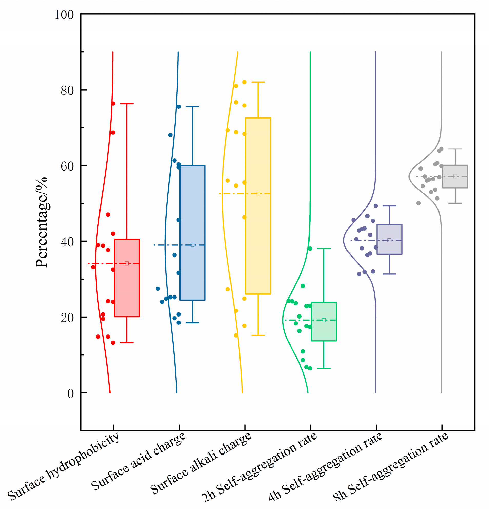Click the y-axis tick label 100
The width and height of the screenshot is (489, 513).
click(64, 15)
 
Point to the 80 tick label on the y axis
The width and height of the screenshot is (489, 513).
click(67, 91)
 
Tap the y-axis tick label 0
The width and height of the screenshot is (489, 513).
click(70, 393)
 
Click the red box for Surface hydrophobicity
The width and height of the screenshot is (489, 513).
click(127, 278)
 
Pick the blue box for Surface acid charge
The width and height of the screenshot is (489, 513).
click(192, 233)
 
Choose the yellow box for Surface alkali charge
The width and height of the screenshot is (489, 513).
click(258, 206)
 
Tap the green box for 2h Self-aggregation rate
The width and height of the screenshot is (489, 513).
click(324, 321)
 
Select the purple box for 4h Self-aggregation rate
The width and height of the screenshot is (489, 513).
click(390, 239)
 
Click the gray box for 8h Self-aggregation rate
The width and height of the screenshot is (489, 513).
click(455, 176)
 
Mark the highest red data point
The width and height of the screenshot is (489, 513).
click(113, 103)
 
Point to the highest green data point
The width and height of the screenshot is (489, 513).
click(310, 248)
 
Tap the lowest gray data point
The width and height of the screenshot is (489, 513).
click(418, 203)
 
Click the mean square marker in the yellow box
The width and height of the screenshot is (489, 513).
click(258, 193)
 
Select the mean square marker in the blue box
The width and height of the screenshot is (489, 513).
click(192, 245)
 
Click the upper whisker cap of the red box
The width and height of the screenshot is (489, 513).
click(127, 103)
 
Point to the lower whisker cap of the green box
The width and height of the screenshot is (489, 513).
click(324, 368)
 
